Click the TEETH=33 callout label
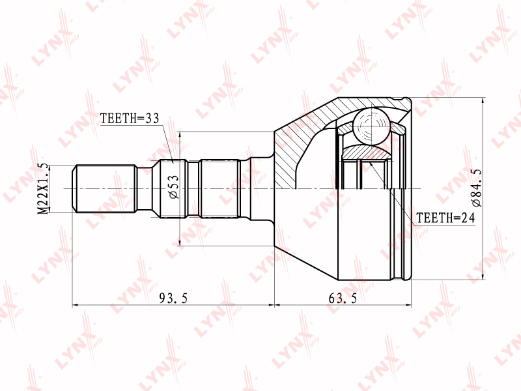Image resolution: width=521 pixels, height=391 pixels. click(130, 119)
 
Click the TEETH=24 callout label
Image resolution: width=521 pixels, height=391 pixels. click(445, 218)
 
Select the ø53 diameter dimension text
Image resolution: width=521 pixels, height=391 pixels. click(174, 187)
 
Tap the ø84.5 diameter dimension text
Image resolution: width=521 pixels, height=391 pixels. click(477, 188)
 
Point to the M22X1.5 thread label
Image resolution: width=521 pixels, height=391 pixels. click(43, 189)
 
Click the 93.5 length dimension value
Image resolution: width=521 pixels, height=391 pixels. click(173, 298)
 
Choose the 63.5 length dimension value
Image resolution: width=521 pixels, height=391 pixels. click(343, 298)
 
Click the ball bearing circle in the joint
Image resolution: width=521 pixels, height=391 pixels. click(371, 126)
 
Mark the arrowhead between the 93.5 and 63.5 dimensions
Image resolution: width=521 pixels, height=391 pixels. click(274, 304)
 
